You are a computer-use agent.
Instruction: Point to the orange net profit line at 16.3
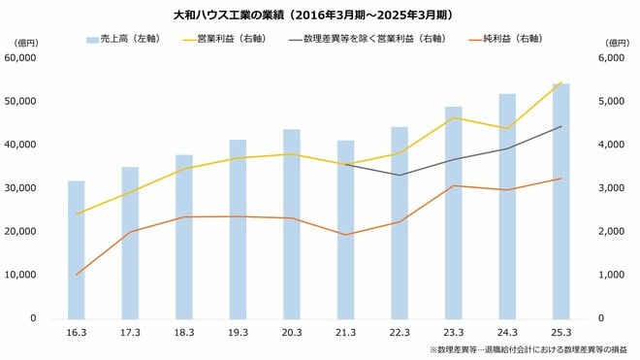coord(76,275)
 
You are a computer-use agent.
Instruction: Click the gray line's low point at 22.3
coord(400,175)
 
